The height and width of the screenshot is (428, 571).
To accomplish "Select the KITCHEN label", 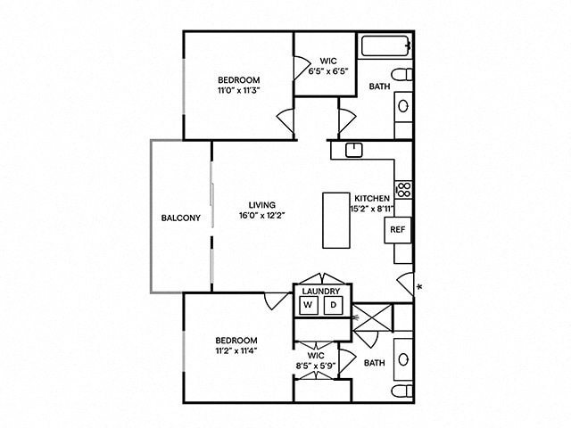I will (372, 198).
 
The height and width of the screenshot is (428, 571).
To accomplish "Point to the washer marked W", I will (309, 306).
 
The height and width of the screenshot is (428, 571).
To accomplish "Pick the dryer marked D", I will (334, 306).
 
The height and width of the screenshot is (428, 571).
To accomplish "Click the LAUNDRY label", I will (321, 291).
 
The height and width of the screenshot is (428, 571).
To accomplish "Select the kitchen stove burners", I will (403, 189).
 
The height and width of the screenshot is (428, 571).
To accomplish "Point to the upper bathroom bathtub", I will (385, 45).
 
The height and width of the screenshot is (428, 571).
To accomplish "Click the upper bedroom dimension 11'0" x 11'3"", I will (236, 90).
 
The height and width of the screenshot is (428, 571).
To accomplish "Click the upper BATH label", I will (380, 86).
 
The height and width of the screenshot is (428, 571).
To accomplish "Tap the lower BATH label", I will (375, 362).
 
